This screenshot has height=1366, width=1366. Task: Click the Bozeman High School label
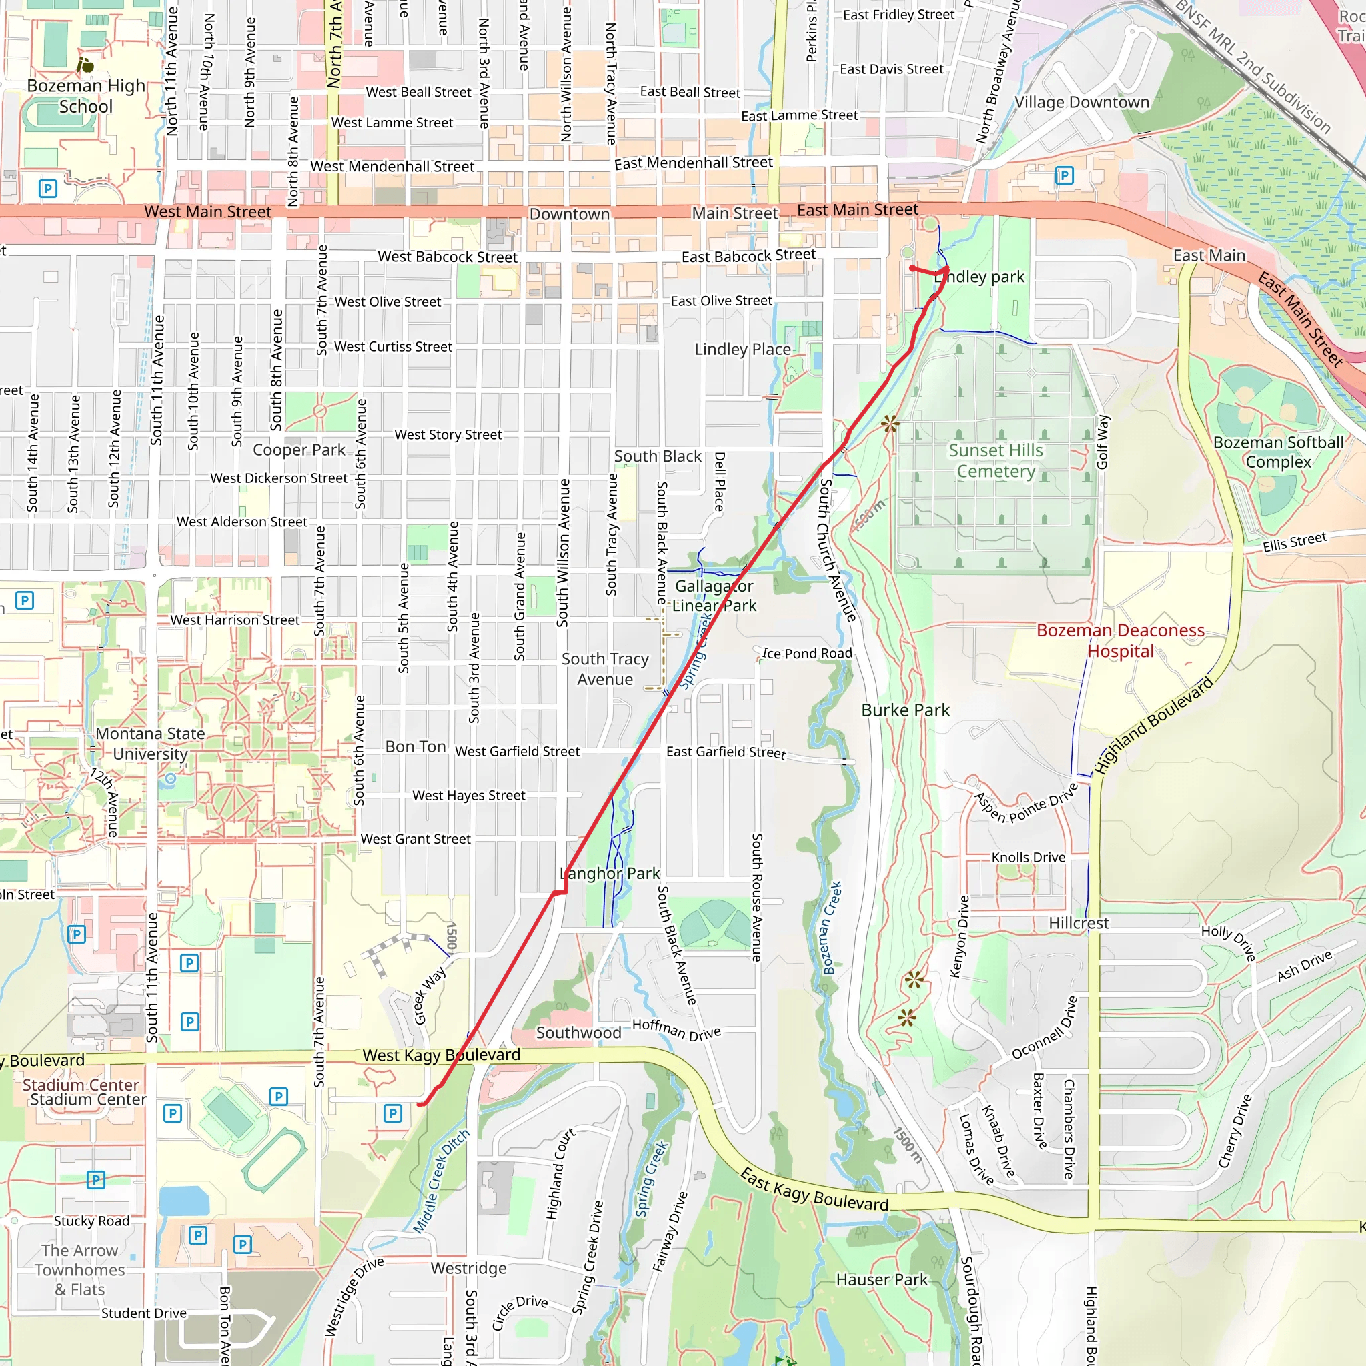85,96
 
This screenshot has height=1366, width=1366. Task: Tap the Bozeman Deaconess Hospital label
1120,640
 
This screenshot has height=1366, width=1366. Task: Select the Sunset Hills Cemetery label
996,460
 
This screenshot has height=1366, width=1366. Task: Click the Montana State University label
150,743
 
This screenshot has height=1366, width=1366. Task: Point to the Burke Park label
905,710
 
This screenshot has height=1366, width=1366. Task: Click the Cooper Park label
299,450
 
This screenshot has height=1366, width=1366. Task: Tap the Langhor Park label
610,873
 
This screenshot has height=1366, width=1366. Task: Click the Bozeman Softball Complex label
1279,452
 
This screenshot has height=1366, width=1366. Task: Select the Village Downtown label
1082,102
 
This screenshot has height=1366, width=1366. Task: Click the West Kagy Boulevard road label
441,1055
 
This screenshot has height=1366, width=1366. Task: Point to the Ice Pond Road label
807,653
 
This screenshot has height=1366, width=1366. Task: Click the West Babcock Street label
447,257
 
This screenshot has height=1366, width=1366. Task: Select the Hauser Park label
882,1280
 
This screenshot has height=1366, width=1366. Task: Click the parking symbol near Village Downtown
1064,175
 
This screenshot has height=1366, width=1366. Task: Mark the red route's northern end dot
912,269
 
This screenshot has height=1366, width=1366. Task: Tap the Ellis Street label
1295,542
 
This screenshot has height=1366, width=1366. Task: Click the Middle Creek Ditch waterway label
441,1181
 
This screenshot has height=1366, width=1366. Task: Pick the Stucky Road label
92,1221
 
